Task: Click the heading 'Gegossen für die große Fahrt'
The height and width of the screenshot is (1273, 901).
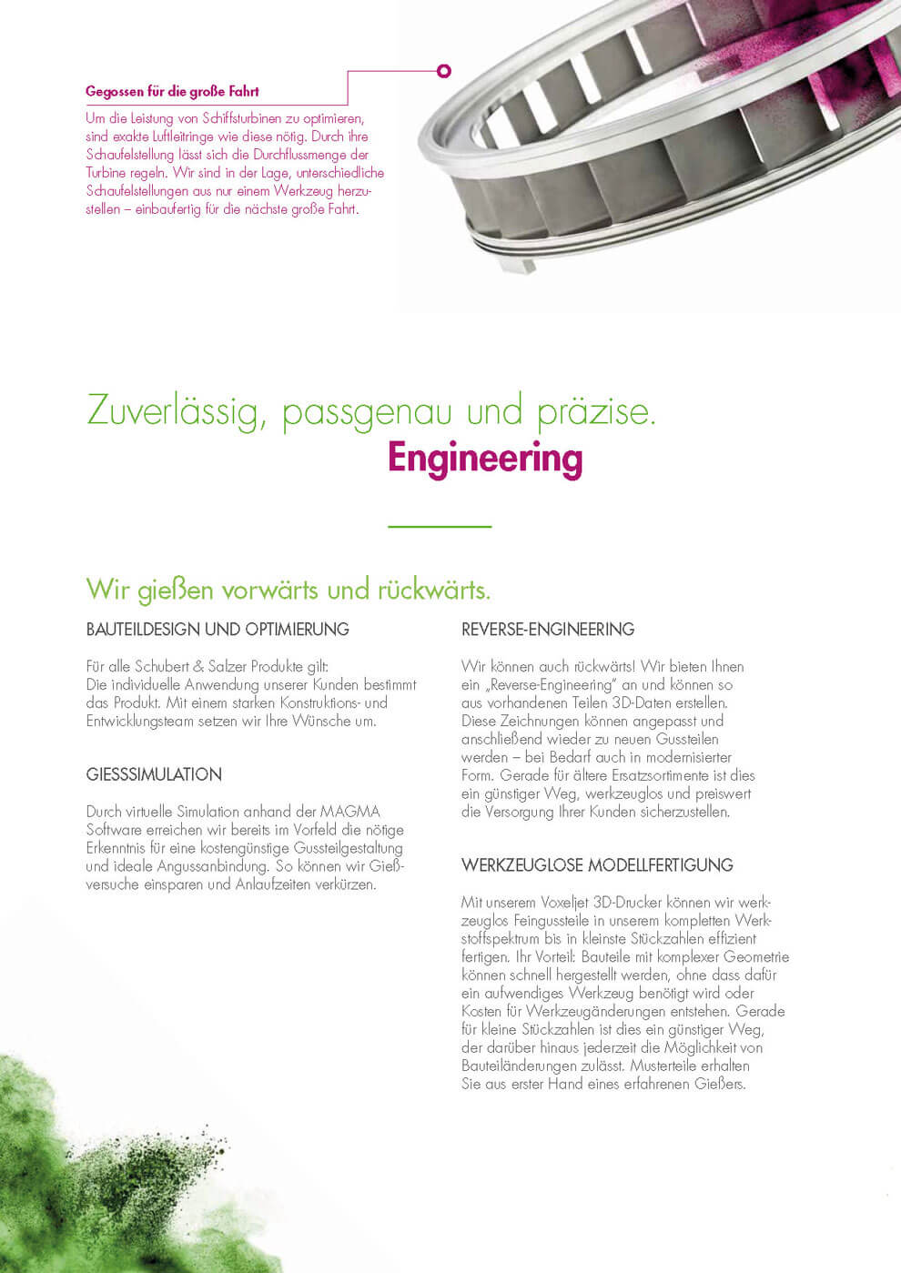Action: point(172,92)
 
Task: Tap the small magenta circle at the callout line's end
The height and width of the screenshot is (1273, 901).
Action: point(444,70)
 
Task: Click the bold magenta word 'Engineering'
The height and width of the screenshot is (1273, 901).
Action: point(484,458)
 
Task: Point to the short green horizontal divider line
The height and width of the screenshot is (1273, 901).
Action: point(440,526)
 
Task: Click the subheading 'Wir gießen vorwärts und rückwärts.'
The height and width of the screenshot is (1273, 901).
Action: point(289,590)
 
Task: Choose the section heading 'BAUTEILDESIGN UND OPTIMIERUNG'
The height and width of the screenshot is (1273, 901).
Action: point(218,629)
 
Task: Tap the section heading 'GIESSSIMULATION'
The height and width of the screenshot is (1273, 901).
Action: point(154,774)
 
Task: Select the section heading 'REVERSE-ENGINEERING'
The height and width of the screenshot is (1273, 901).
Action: point(548,629)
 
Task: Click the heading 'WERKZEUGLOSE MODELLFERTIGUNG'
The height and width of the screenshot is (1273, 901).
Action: point(597,865)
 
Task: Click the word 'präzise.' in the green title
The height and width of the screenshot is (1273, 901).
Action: point(596,411)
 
